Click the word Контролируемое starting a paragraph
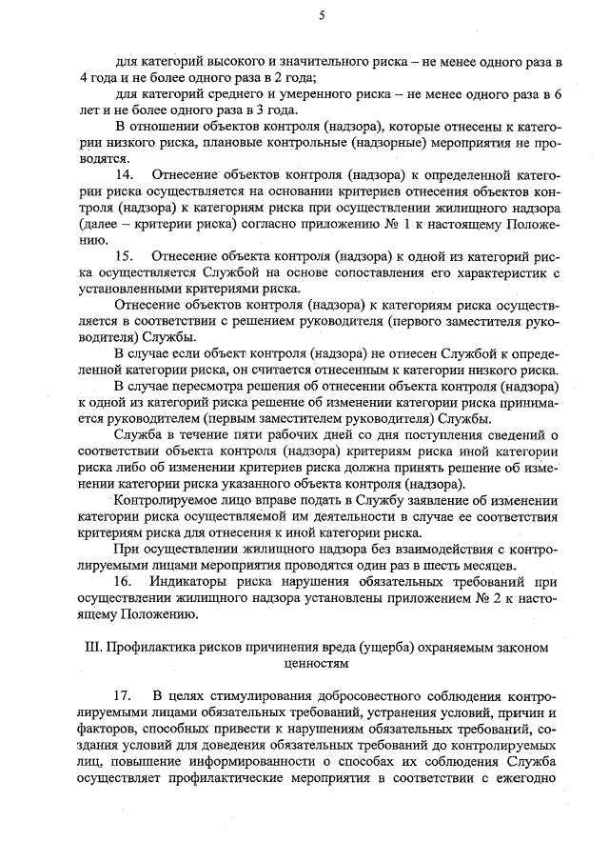point(168,500)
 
